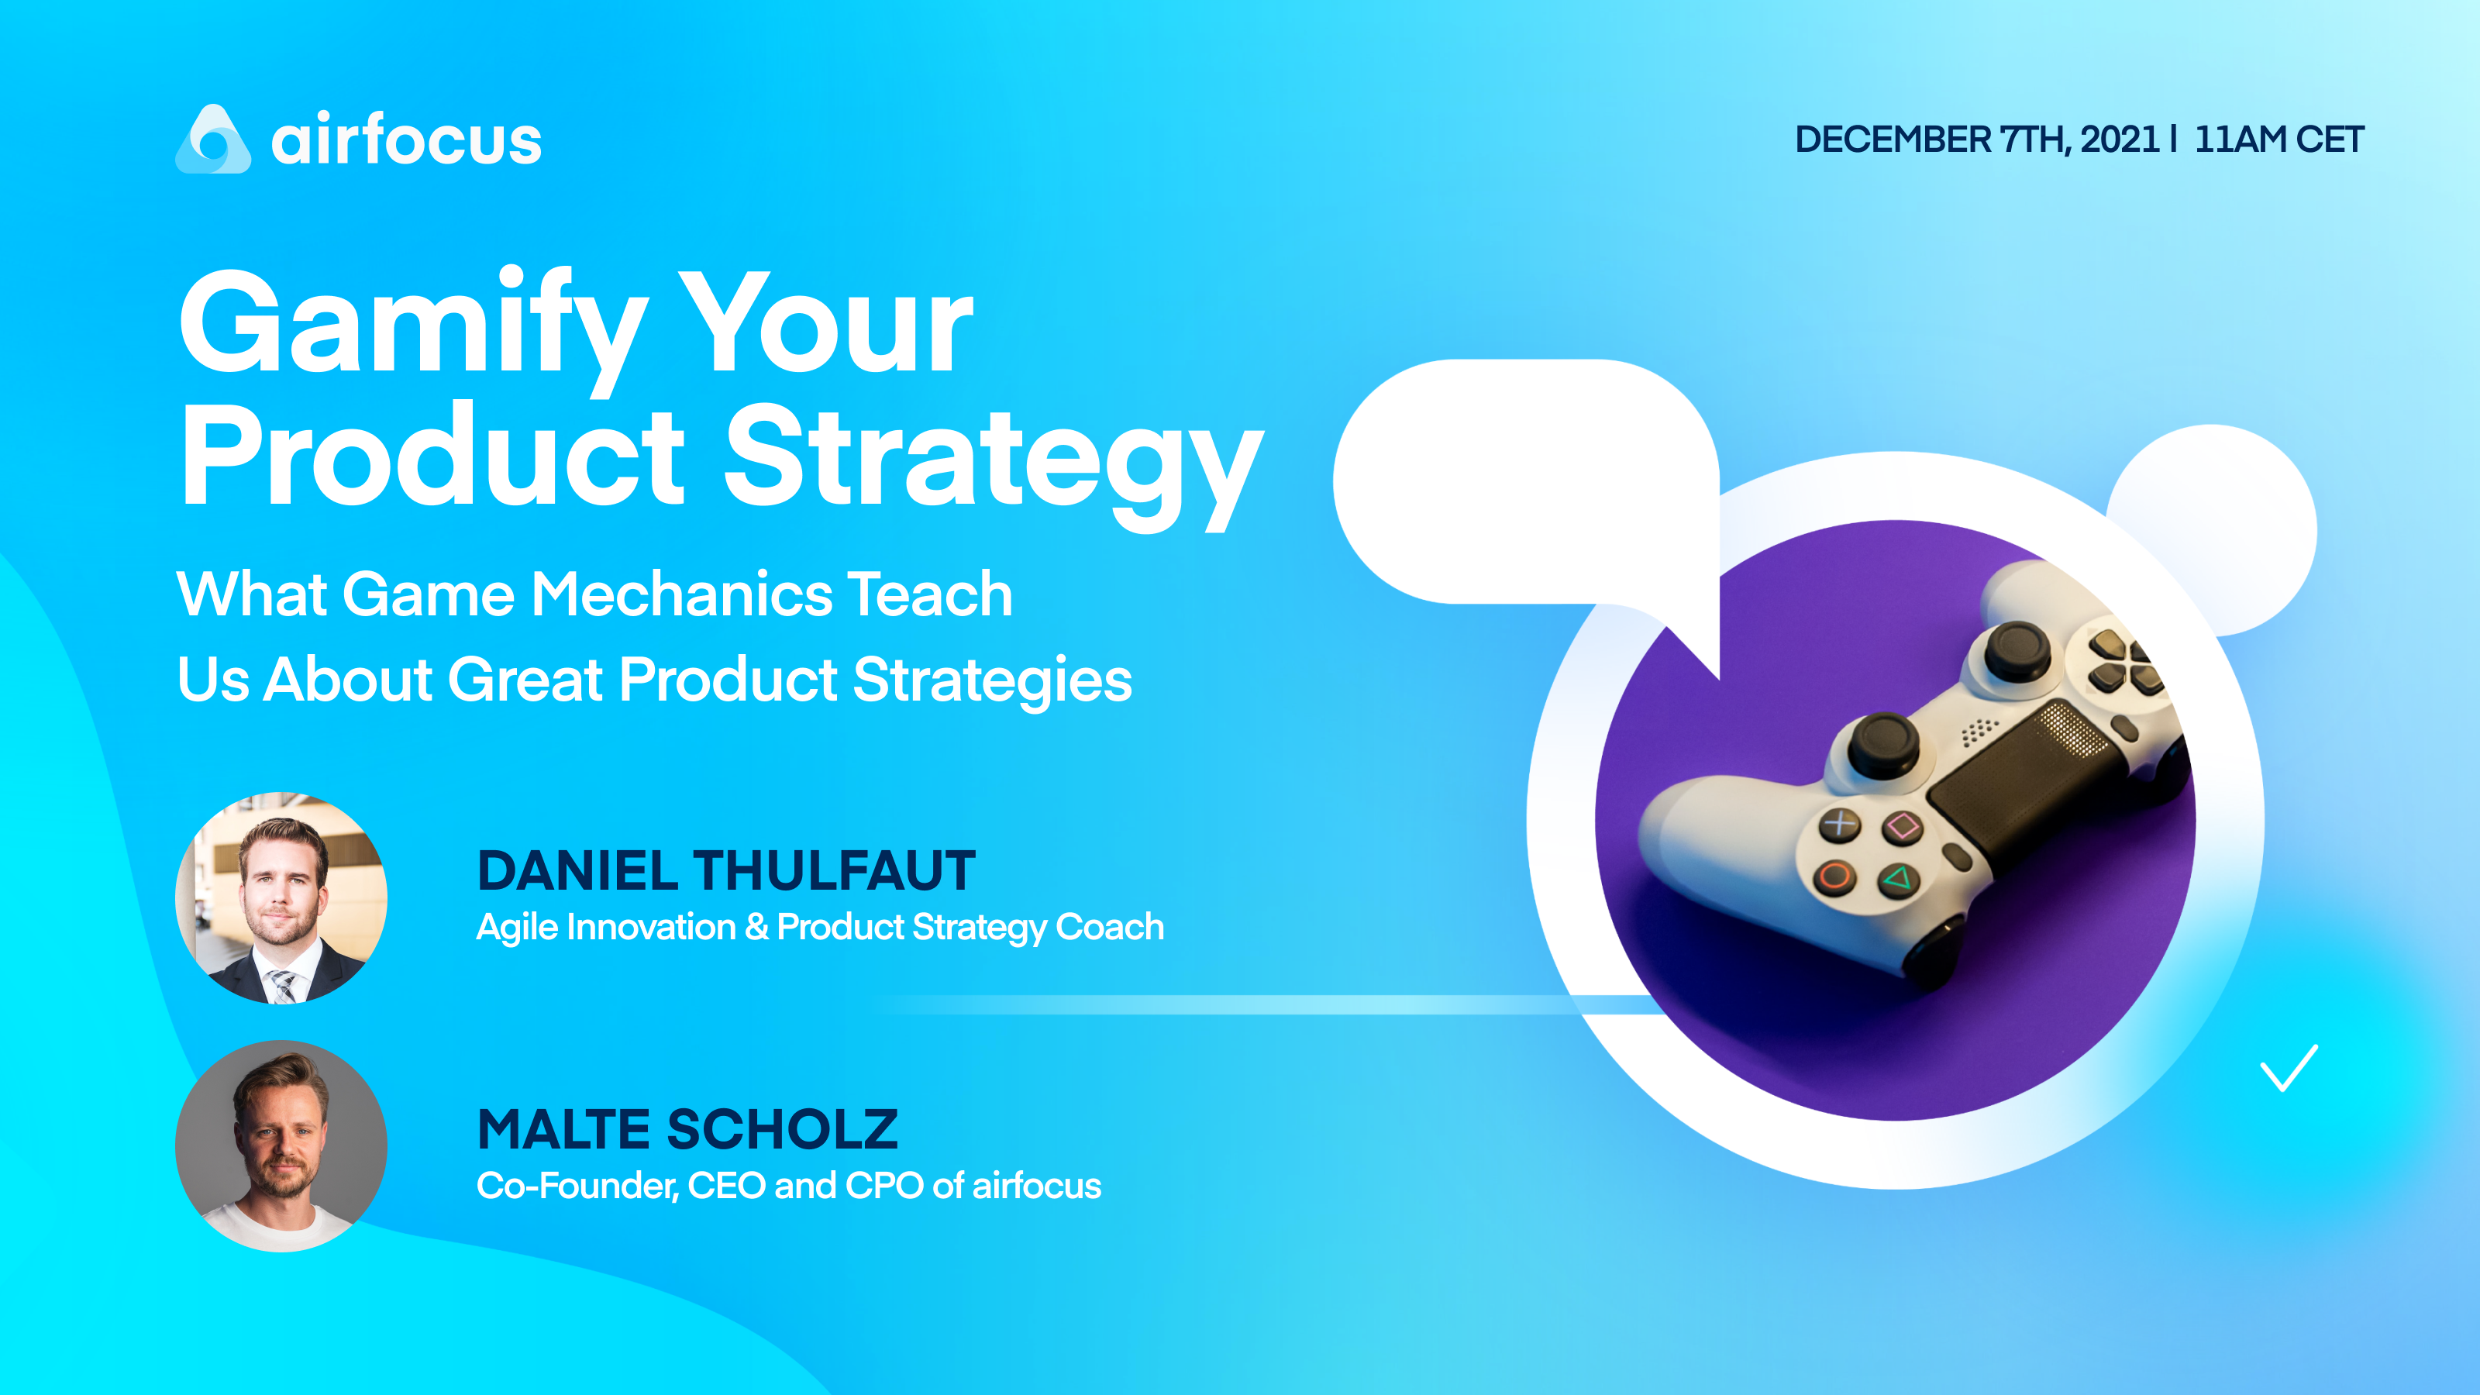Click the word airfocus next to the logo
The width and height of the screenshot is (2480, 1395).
click(x=406, y=140)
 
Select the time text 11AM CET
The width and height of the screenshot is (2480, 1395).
click(x=2278, y=139)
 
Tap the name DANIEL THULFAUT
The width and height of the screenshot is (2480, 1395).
click(x=726, y=870)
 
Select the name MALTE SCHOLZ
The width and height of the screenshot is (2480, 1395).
click(x=687, y=1129)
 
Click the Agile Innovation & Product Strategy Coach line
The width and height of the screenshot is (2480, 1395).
click(x=819, y=927)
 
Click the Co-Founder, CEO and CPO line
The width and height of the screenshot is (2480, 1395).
click(x=788, y=1186)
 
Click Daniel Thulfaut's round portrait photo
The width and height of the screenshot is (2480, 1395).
click(x=281, y=897)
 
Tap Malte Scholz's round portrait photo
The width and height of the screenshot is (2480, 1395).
click(x=281, y=1145)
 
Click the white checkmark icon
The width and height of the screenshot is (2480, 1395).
click(x=2288, y=1069)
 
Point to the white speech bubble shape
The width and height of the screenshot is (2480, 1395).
click(x=1526, y=481)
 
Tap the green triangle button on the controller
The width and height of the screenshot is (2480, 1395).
click(x=1897, y=879)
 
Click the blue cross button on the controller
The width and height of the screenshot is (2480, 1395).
click(x=1840, y=824)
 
